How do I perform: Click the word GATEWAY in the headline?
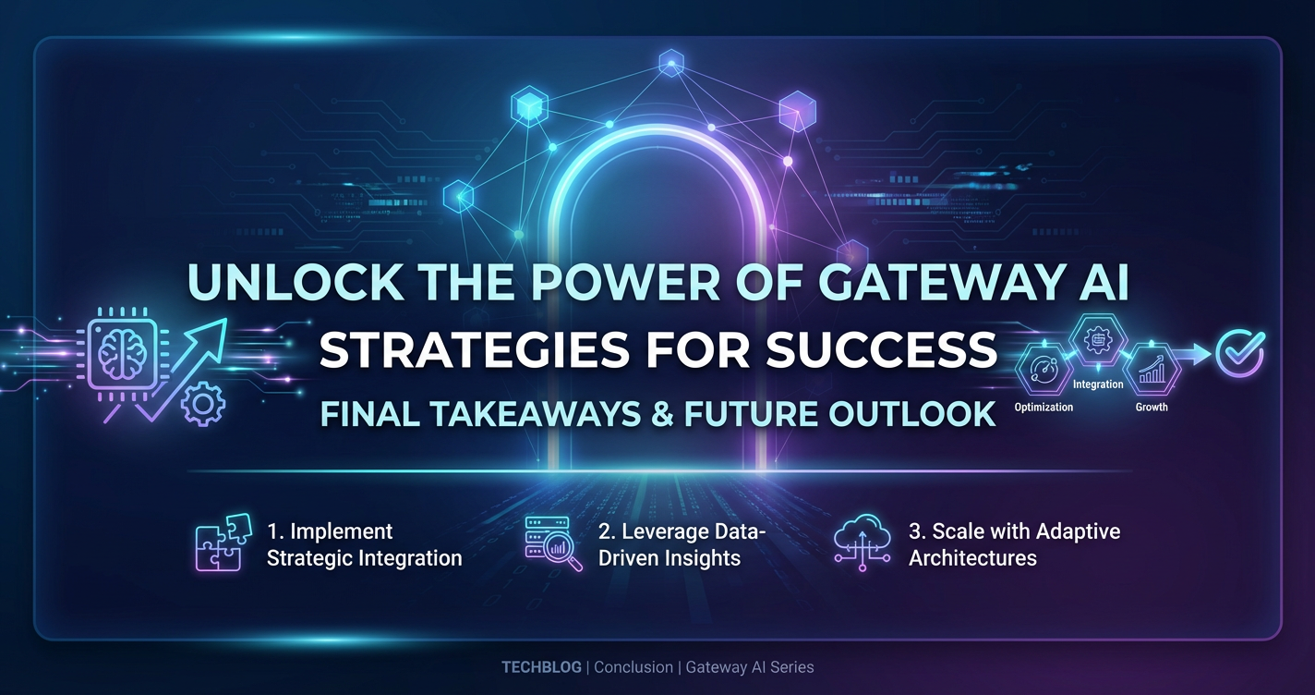(931, 283)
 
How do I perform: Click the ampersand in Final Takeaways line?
(662, 413)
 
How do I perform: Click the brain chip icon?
(122, 354)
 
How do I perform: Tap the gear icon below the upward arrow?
(202, 403)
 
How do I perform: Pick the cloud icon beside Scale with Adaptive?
(862, 542)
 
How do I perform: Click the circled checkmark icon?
(1240, 353)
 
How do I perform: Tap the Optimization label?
(1044, 408)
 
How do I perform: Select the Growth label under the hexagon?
(1152, 407)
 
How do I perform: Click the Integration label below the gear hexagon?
(1098, 384)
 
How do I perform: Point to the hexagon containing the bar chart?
(1152, 370)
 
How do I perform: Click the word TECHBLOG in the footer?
(541, 667)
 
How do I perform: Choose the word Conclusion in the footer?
(633, 667)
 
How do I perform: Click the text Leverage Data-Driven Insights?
(682, 544)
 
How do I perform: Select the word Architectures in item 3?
(972, 557)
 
